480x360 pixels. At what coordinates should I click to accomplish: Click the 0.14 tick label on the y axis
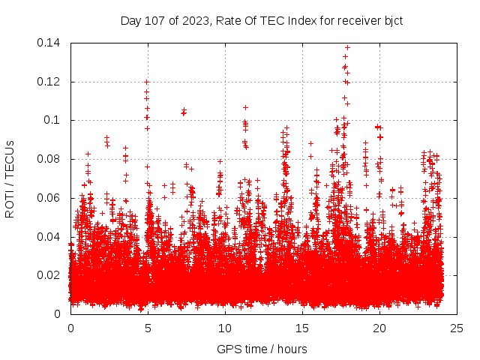[51, 43]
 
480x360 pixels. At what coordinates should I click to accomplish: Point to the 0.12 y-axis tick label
[51, 82]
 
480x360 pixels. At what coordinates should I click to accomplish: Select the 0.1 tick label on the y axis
[54, 120]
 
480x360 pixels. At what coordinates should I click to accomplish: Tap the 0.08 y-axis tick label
[51, 159]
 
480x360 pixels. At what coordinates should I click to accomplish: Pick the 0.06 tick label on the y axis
[51, 198]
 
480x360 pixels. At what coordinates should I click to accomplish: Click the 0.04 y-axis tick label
[51, 237]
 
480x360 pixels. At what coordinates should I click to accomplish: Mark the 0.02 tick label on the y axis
[51, 275]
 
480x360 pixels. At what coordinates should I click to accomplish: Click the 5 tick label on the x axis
[148, 328]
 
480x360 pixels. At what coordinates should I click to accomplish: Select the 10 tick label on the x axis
[225, 328]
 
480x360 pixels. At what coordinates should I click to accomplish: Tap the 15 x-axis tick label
[302, 328]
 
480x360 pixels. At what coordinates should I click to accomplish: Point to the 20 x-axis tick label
[379, 328]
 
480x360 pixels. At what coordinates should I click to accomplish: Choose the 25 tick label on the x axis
[457, 328]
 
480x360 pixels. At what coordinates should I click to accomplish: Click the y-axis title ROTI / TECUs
[10, 178]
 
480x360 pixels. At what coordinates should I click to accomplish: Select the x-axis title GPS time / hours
[262, 349]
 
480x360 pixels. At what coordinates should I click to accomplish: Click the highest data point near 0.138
[347, 47]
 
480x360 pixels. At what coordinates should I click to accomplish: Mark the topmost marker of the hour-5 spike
[147, 82]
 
